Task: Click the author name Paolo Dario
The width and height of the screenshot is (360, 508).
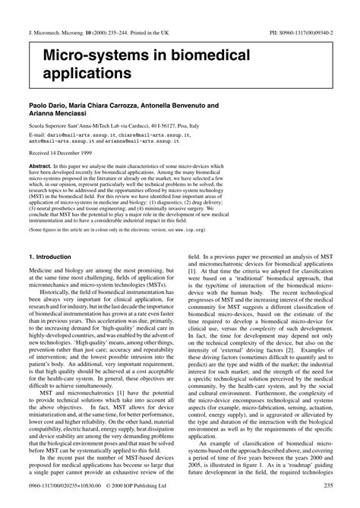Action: click(48, 105)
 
